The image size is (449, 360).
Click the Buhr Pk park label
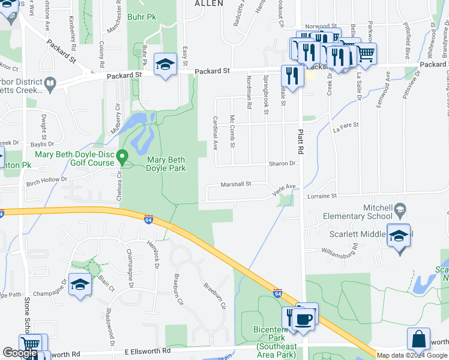click(142, 17)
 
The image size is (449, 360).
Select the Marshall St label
click(235, 184)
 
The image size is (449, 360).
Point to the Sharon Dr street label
click(282, 163)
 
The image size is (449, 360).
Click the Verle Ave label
click(285, 187)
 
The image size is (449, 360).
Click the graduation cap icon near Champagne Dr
click(79, 285)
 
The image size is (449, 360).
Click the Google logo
click(20, 353)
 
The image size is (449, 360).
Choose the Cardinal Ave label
click(214, 133)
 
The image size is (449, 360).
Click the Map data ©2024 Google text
click(411, 355)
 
